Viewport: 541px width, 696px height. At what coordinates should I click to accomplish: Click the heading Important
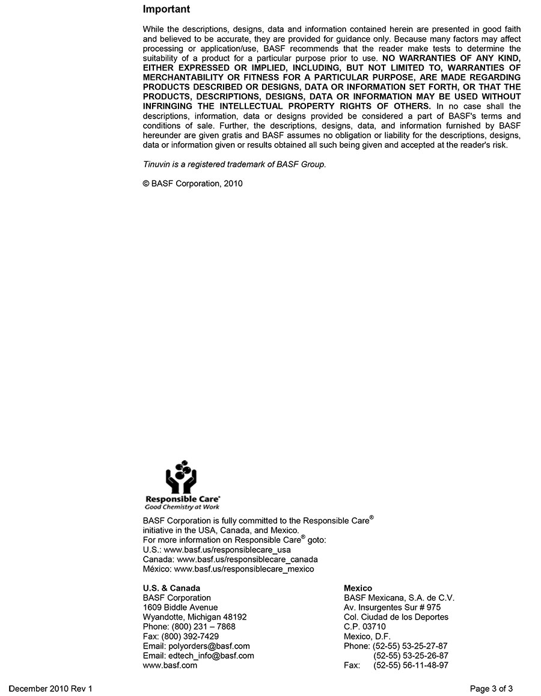coord(167,10)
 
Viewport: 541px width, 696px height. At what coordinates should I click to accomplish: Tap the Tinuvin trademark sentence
coord(234,164)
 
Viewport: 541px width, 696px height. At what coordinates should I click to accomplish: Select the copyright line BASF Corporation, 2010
coord(192,183)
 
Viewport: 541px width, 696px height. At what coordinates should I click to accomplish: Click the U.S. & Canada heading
coord(171,588)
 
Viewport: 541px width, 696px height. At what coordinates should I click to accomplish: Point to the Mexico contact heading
coord(358,588)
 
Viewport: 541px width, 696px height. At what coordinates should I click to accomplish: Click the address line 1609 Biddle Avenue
coord(180,608)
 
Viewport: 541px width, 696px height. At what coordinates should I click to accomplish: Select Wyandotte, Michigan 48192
coord(195,617)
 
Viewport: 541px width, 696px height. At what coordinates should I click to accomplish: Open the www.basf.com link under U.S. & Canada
coord(170,665)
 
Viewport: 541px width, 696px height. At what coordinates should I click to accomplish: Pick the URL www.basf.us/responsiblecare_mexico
coord(243,568)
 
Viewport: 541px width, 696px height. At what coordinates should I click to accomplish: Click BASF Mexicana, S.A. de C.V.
coord(399,598)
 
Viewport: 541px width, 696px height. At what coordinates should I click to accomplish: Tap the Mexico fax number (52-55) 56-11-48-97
coord(411,665)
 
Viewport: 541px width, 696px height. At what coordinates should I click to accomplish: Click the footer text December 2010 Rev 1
coord(50,689)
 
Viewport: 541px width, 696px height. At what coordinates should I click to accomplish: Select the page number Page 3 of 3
coord(491,689)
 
